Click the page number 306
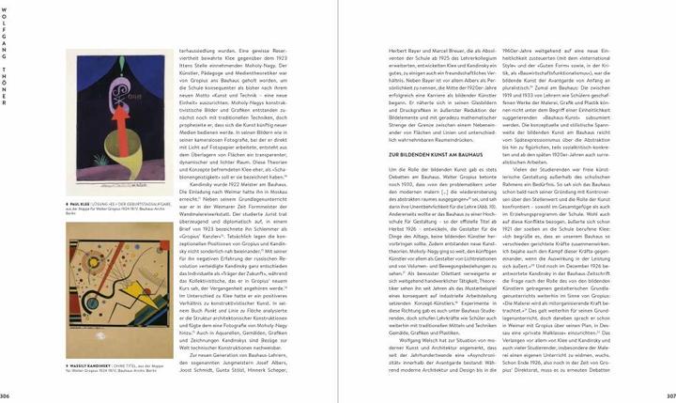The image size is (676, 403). pyautogui.click(x=8, y=395)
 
